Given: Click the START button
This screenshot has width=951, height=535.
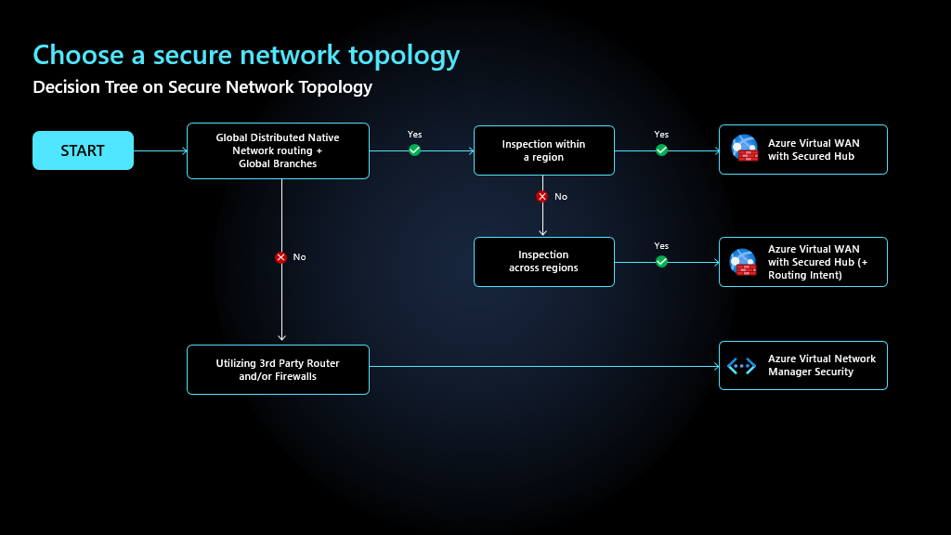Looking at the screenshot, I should [83, 150].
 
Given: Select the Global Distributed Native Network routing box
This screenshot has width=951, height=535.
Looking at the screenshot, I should [278, 150].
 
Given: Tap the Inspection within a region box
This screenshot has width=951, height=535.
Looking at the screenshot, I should [543, 150].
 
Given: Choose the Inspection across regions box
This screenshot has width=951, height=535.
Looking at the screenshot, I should [543, 262].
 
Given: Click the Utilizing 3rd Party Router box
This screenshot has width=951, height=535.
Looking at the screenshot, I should [278, 370].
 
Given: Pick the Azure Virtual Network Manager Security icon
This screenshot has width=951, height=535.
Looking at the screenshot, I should [742, 366].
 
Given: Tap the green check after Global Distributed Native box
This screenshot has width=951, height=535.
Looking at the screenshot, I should [414, 150].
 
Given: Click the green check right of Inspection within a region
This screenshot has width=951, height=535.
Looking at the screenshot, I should [661, 150].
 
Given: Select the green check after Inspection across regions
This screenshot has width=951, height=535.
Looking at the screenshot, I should [661, 262].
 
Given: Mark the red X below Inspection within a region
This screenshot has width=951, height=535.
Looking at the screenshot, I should [542, 197].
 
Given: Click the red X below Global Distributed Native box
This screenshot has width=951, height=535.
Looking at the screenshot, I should [281, 257].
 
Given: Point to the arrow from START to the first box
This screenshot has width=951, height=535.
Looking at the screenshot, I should [160, 150].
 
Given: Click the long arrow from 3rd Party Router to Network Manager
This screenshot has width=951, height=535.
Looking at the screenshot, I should [543, 366].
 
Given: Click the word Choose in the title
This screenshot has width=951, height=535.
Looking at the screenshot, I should [78, 56].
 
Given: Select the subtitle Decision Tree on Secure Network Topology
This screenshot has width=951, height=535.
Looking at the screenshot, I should [202, 87].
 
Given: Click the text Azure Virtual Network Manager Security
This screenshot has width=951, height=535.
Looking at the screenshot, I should [821, 365].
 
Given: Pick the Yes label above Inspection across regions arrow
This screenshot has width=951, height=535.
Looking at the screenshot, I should [661, 246].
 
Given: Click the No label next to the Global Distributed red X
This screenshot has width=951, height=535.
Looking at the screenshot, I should [299, 257].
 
